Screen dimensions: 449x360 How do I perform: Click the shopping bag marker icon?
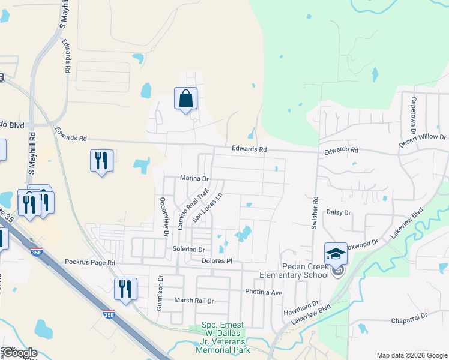[185, 98]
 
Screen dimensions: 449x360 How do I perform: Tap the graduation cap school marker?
[336, 253]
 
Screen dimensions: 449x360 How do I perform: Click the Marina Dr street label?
[194, 178]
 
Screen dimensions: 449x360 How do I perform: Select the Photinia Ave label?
[264, 292]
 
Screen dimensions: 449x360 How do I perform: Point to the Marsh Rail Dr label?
[194, 300]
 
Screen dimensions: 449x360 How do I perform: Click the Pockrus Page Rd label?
[89, 263]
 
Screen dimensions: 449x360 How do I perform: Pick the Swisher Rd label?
[314, 212]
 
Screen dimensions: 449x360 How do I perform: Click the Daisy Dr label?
[338, 212]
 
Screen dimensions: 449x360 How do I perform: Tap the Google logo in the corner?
[20, 353]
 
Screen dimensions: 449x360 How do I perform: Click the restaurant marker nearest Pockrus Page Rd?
[125, 289]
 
